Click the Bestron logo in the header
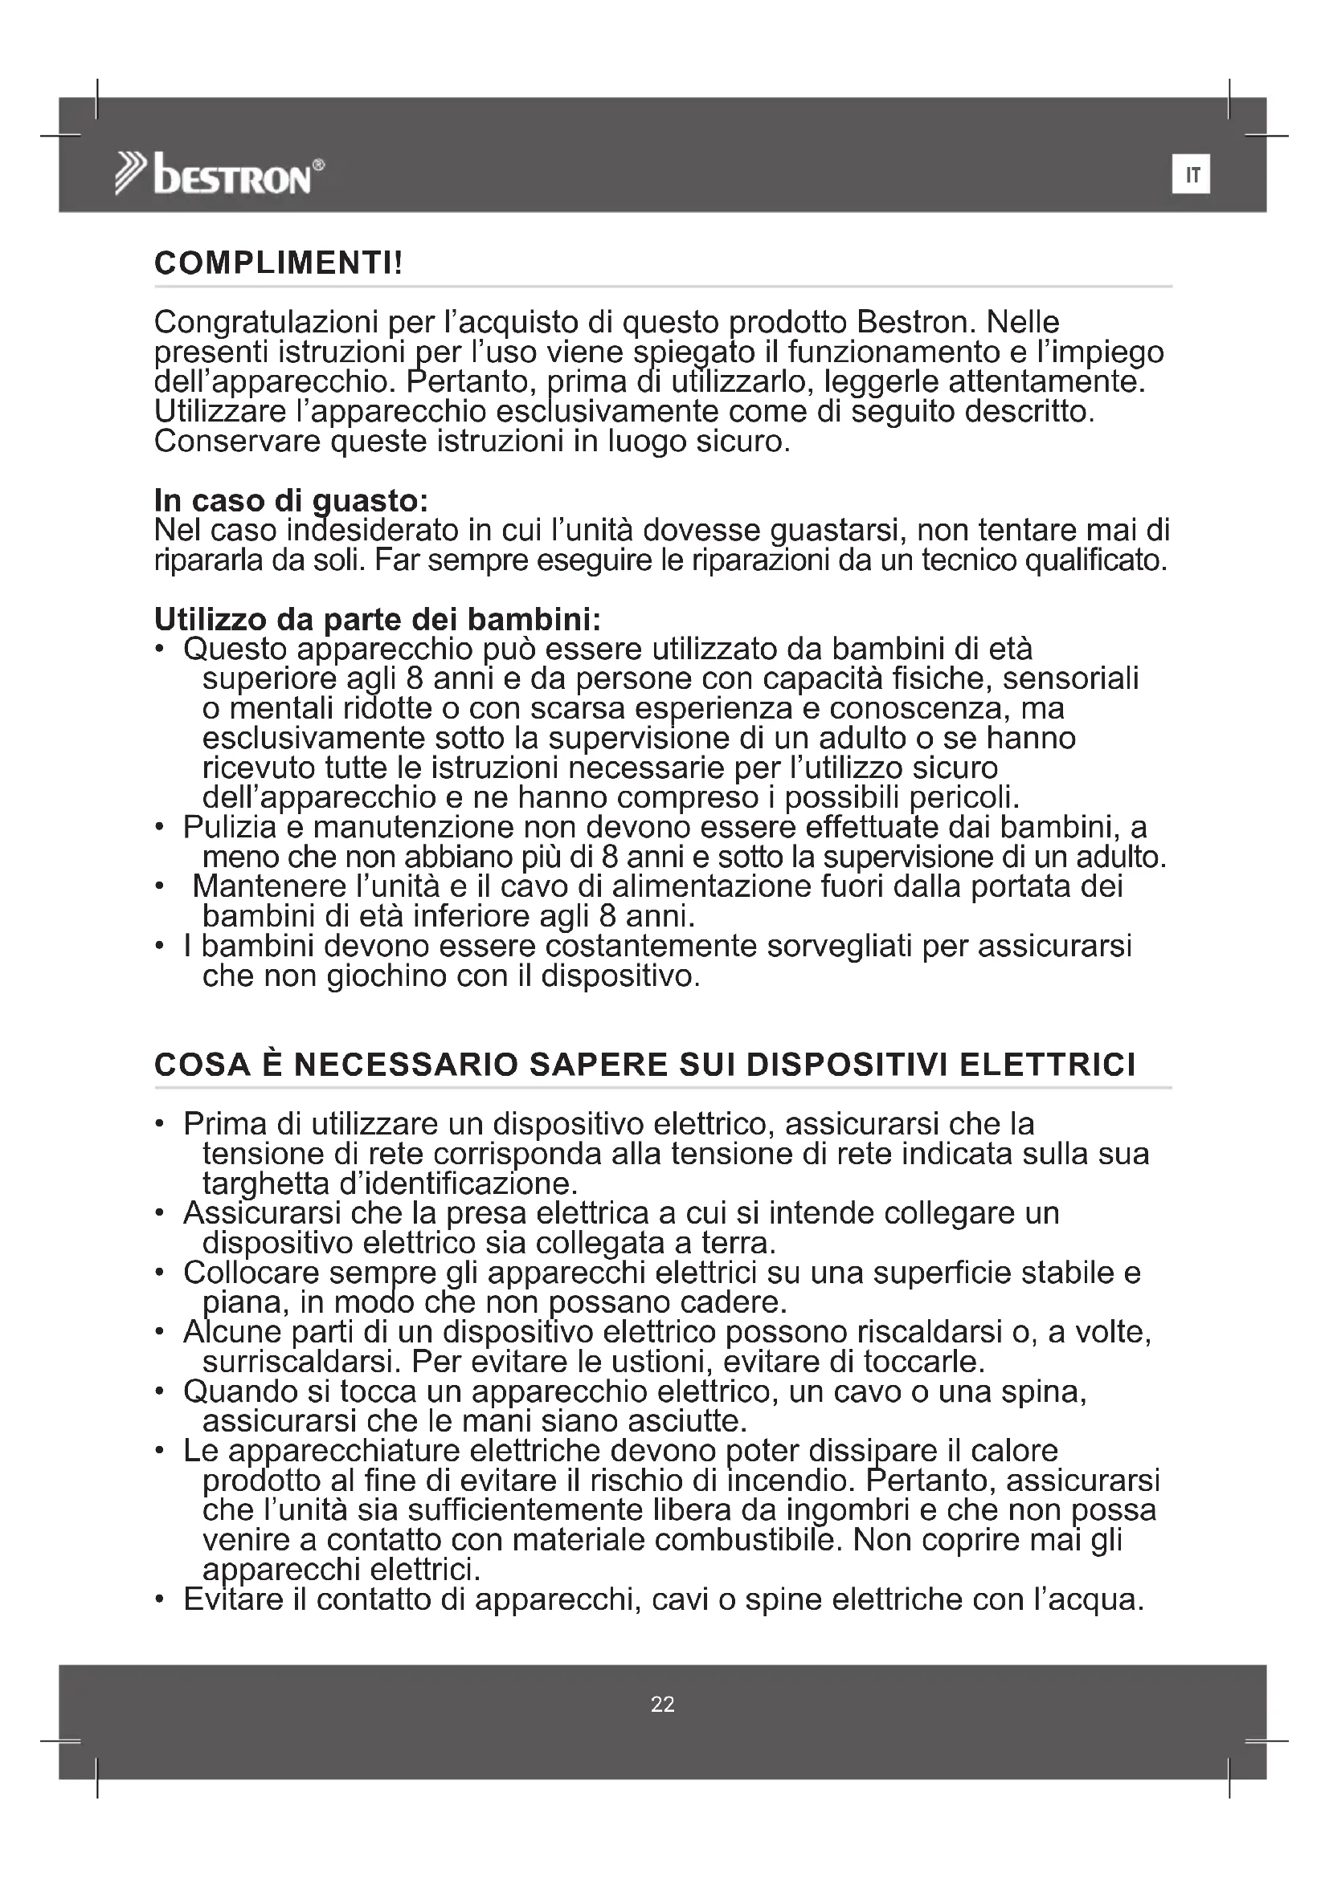click(x=219, y=173)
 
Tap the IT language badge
click(x=1191, y=174)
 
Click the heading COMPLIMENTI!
click(x=278, y=263)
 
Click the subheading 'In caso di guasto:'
click(x=292, y=500)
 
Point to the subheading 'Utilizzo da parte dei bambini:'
click(x=378, y=619)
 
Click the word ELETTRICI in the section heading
click(x=1048, y=1065)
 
